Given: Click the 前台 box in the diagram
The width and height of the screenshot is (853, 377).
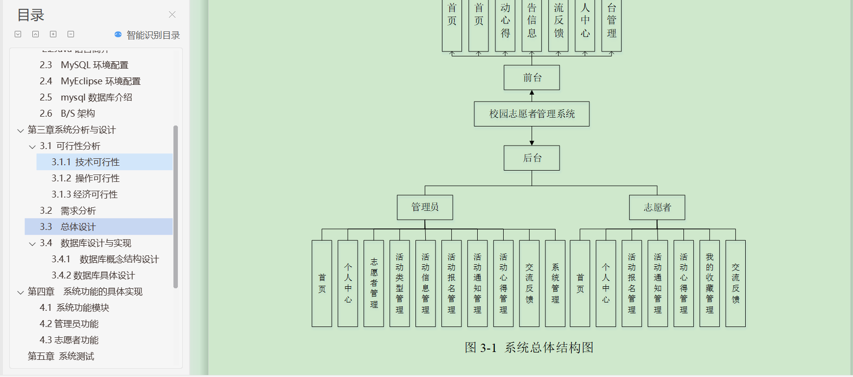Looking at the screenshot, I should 532,77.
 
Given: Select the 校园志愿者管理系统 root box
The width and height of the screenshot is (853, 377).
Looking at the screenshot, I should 532,114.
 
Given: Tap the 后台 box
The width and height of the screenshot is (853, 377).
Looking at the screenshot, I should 532,158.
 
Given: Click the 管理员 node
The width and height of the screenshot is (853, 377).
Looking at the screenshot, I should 425,207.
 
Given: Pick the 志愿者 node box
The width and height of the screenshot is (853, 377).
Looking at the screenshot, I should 657,207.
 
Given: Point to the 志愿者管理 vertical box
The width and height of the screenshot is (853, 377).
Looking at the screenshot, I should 374,283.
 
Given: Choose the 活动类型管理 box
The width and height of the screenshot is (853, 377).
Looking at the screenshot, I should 400,283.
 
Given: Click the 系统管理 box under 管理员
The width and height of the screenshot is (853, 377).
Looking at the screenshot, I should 555,283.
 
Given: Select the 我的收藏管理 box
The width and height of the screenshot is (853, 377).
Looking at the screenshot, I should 709,283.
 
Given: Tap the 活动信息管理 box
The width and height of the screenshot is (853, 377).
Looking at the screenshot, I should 425,283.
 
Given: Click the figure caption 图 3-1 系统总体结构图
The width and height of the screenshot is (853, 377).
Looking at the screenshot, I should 529,348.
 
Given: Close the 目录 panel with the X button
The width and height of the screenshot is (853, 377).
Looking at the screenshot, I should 172,15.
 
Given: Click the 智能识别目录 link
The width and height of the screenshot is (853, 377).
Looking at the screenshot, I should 147,35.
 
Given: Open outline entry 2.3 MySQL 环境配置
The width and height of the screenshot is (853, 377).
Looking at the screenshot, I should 84,65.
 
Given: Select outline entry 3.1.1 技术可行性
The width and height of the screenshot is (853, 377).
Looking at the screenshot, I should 86,162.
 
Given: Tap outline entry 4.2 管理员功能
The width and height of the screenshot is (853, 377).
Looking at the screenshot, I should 69,324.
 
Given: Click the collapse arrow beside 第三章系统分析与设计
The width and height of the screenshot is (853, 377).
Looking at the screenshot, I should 21,130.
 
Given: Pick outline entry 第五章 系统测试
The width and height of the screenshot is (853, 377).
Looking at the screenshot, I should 61,356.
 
